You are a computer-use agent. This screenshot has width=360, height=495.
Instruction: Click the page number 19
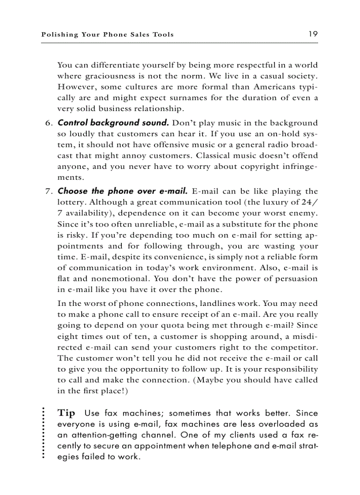[313, 34]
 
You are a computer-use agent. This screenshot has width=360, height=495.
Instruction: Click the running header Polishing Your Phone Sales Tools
[107, 34]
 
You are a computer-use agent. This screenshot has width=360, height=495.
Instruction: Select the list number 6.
[49, 123]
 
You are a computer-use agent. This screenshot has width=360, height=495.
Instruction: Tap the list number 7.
[49, 191]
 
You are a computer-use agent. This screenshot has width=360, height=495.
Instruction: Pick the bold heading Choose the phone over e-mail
[123, 191]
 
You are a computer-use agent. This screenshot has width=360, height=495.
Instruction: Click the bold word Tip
[67, 413]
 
